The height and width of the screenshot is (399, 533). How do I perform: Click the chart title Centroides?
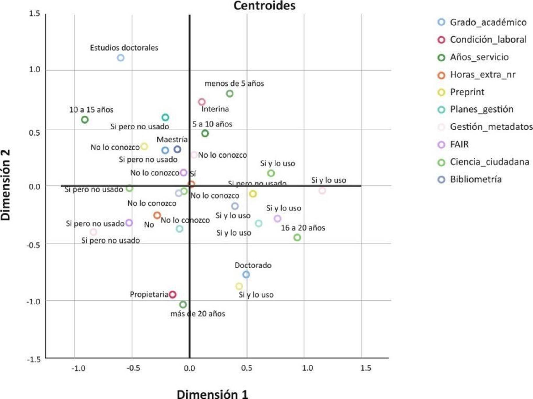[x=264, y=6]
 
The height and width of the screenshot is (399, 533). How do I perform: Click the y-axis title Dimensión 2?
[x=6, y=185]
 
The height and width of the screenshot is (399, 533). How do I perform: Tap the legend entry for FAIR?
[x=459, y=144]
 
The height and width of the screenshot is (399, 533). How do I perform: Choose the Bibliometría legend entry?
[x=476, y=179]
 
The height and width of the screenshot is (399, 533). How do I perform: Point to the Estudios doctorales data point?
[x=121, y=58]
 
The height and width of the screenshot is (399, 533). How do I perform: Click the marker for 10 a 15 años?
[x=85, y=120]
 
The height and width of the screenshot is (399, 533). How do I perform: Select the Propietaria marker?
[x=173, y=295]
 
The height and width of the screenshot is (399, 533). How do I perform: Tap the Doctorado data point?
[x=246, y=274]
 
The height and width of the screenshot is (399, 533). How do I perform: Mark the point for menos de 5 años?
[x=230, y=94]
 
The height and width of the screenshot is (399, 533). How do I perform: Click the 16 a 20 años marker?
[x=297, y=237]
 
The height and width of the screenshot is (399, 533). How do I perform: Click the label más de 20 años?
[x=198, y=314]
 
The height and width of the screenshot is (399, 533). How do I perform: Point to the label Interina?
[x=215, y=109]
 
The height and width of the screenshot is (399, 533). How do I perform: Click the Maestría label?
[x=172, y=140]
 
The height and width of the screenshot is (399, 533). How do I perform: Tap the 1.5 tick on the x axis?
[x=366, y=368]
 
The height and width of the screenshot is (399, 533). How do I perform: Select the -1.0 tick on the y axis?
[x=33, y=302]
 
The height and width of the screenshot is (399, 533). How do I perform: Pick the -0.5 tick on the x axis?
[x=133, y=368]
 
